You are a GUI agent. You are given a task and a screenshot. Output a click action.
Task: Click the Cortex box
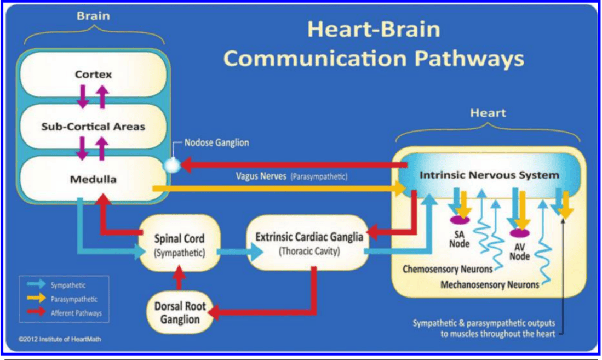coord(93,74)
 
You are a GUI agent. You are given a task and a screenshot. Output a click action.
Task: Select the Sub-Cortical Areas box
coord(93,127)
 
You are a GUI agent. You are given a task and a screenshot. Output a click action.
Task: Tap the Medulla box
coord(93,179)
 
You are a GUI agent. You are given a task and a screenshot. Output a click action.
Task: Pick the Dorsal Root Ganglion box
coord(180,312)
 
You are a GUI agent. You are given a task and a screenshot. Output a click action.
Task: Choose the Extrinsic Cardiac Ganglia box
coord(309,243)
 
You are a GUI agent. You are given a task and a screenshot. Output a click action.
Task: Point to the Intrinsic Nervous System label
coord(489,175)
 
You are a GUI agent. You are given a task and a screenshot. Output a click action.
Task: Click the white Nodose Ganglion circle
coord(172,165)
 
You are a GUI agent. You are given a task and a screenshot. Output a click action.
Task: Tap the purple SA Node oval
coord(460,220)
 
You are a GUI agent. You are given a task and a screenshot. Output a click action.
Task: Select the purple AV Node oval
coord(519,233)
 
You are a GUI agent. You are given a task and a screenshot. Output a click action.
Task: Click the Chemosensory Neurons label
coord(448,269)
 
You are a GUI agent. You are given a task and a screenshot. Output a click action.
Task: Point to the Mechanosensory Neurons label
coord(490,285)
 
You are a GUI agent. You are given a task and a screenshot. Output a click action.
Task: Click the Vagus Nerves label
coord(261,176)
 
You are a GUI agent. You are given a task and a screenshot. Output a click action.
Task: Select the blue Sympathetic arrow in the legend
coord(37,285)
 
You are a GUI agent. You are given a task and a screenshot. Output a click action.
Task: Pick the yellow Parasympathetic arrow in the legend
coord(37,298)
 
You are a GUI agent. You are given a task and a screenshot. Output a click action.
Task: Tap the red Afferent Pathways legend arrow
coord(37,312)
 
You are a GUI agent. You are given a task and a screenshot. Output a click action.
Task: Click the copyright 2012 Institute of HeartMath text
coord(60,339)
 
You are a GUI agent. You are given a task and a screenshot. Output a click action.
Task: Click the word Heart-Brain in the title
coord(374,29)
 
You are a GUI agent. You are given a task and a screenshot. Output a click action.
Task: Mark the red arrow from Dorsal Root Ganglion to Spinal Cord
coord(179,278)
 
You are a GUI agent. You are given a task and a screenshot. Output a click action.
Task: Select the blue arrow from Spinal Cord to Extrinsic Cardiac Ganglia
coord(240,252)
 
